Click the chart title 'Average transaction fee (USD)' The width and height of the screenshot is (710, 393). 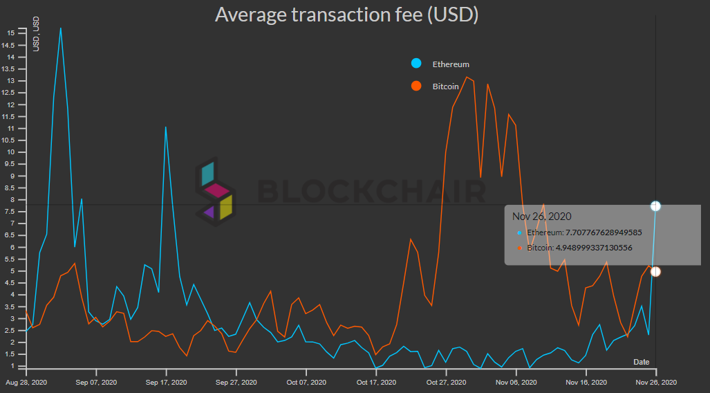(x=346, y=15)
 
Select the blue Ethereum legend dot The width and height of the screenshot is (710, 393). (x=416, y=64)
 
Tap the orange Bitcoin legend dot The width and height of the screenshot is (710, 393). (x=416, y=86)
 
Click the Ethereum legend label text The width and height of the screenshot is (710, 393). (x=451, y=64)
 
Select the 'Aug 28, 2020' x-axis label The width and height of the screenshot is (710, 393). (x=26, y=382)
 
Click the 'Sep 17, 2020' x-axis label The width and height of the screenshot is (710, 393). (x=166, y=382)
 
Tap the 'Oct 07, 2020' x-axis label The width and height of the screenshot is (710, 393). (x=306, y=382)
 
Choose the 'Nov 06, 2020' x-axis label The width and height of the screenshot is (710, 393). (x=515, y=382)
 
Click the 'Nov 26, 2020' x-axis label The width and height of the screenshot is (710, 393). (x=655, y=382)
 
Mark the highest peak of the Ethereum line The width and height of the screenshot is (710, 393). (x=61, y=28)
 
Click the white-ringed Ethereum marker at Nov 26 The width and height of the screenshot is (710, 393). (x=655, y=206)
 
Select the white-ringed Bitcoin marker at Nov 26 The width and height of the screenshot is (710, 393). (x=655, y=271)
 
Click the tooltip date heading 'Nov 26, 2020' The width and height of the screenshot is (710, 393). (x=542, y=217)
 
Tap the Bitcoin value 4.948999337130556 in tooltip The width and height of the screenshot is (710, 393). (x=579, y=247)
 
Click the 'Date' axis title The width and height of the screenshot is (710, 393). (x=642, y=362)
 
